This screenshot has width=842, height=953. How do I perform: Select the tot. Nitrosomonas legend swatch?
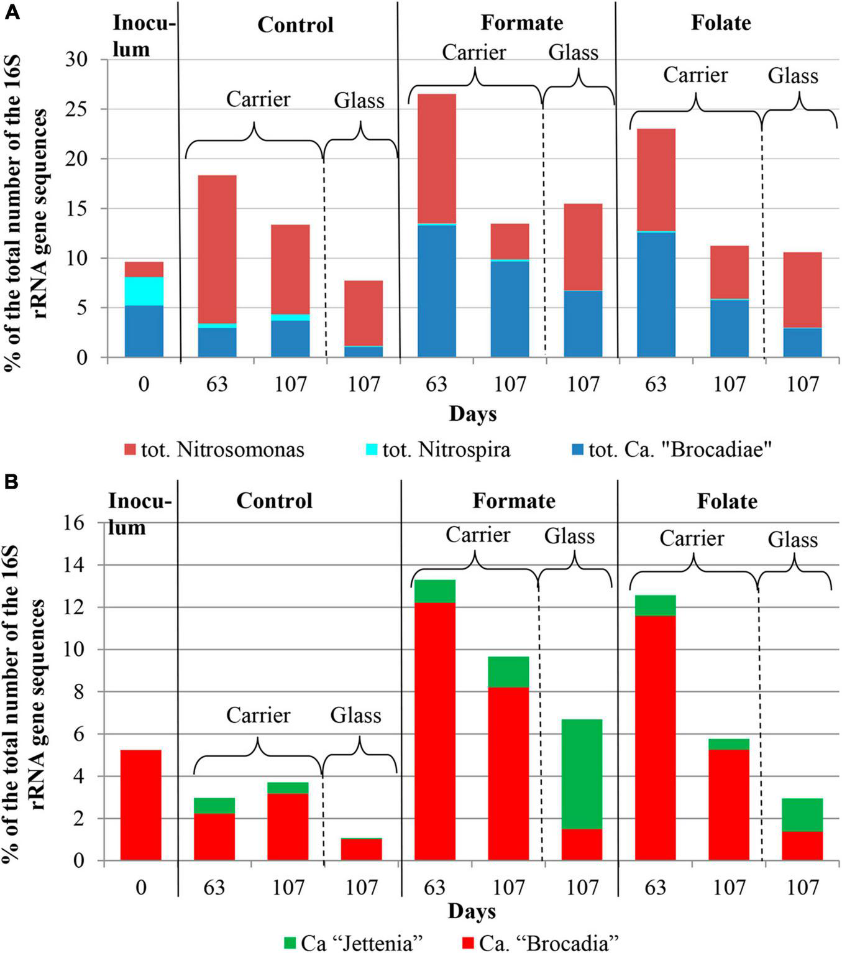pyautogui.click(x=130, y=449)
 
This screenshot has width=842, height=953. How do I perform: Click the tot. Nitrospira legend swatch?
pyautogui.click(x=372, y=449)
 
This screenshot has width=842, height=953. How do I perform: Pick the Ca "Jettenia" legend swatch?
pyautogui.click(x=290, y=942)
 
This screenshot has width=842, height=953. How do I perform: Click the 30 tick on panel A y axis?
pyautogui.click(x=78, y=60)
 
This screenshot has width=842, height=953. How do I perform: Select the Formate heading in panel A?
pyautogui.click(x=521, y=23)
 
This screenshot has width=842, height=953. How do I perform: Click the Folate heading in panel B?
pyautogui.click(x=726, y=501)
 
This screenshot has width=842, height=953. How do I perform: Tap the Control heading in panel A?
pyautogui.click(x=295, y=25)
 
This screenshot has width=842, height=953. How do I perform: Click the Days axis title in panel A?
pyautogui.click(x=473, y=414)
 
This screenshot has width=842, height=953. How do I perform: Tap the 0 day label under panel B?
pyautogui.click(x=141, y=886)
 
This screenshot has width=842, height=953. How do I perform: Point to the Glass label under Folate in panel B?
pyautogui.click(x=792, y=540)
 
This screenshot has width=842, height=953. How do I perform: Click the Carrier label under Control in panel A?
pyautogui.click(x=258, y=99)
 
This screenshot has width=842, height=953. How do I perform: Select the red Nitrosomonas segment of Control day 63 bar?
pyautogui.click(x=217, y=249)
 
